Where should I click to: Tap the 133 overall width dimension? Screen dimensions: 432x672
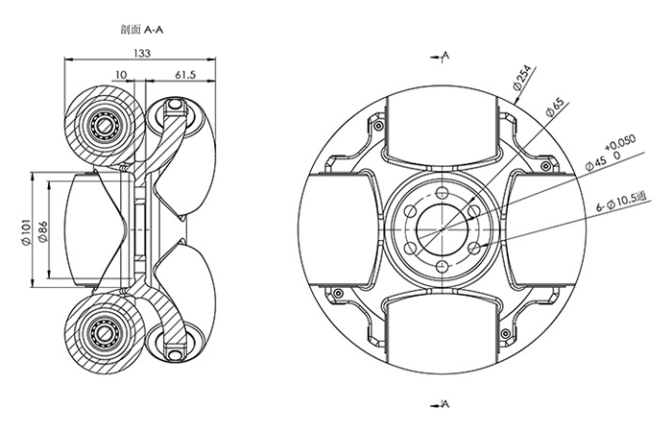pos(142,55)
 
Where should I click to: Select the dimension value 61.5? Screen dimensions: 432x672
pos(185,74)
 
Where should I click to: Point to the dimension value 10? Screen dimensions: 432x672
pos(121,74)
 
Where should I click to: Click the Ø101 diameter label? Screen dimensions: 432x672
pos(26,231)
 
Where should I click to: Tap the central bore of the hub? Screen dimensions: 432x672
pos(442,229)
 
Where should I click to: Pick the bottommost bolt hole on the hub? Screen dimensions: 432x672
pos(442,268)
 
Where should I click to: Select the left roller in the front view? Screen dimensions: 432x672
pos(338,229)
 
